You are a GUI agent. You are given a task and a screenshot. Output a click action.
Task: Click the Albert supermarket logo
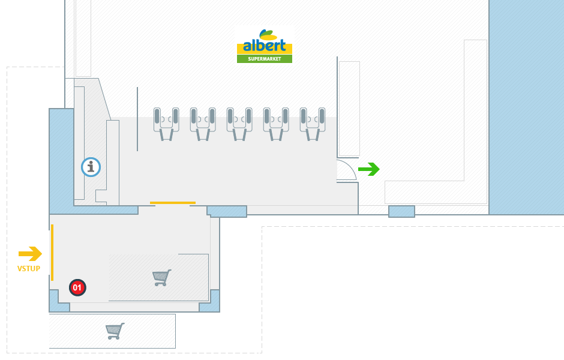coord(265,46)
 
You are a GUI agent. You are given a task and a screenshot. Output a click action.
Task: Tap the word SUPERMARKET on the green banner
coord(265,59)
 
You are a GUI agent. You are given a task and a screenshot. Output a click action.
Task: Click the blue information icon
coord(91,167)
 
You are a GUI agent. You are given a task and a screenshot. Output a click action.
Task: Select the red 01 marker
coord(77,288)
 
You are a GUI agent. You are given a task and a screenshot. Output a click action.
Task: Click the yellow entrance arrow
coord(30,254)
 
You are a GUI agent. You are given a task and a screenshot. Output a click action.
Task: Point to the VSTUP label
coord(29,269)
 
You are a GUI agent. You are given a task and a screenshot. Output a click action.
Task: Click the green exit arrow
coord(369,170)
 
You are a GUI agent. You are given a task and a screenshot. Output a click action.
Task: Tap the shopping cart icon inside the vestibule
coord(161,278)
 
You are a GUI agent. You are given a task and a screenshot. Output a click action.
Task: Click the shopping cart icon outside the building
coord(115,331)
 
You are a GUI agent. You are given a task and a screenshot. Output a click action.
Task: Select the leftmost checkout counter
coord(166,124)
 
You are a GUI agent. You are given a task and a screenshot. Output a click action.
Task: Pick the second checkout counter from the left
coord(203,124)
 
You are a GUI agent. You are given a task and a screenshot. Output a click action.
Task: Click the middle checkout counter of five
coord(239,124)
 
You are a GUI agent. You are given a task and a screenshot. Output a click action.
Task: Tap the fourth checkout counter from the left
coord(276,124)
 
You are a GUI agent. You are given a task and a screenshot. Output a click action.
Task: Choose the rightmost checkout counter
coord(313,124)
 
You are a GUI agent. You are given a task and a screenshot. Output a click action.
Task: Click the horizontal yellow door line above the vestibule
coord(173,203)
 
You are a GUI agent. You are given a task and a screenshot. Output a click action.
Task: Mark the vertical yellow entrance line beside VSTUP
coord(52,252)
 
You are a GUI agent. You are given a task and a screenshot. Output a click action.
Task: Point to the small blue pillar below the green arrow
coord(401,211)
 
